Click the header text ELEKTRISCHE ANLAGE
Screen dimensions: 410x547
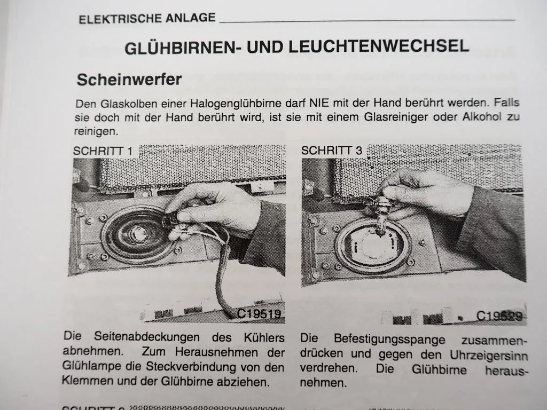point(147,18)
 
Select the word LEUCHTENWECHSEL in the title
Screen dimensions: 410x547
point(379,46)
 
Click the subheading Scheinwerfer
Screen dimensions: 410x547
point(129,80)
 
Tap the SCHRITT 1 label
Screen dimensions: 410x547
point(102,151)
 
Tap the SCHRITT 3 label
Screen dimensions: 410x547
point(331,151)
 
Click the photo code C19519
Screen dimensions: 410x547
point(259,314)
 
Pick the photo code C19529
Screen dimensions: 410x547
point(499,316)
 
